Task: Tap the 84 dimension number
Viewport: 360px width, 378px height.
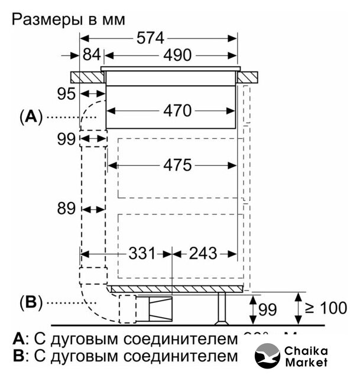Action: pyautogui.click(x=92, y=56)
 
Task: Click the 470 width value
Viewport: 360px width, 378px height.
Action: pyautogui.click(x=178, y=110)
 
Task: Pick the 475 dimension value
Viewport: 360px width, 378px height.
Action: pyautogui.click(x=178, y=165)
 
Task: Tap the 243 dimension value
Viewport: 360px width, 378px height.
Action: pyautogui.click(x=204, y=254)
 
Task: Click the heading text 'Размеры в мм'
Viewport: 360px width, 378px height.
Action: pyautogui.click(x=68, y=19)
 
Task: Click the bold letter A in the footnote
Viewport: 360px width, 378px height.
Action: pyautogui.click(x=18, y=340)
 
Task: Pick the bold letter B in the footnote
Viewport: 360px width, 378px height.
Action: pyautogui.click(x=18, y=356)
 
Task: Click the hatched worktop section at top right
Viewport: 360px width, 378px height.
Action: pyautogui.click(x=248, y=77)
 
